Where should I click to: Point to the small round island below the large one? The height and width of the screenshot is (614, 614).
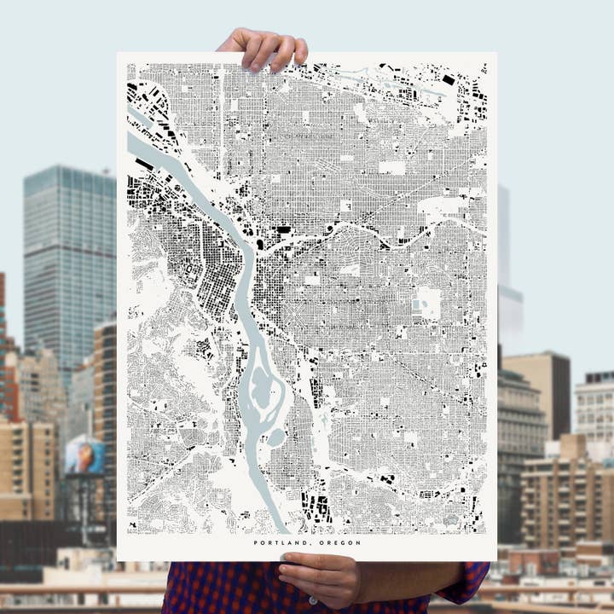point(276,438)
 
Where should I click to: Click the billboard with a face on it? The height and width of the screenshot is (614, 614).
point(85,455)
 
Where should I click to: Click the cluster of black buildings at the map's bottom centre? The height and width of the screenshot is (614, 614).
point(316,507)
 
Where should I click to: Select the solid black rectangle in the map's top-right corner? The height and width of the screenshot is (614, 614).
point(448,80)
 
